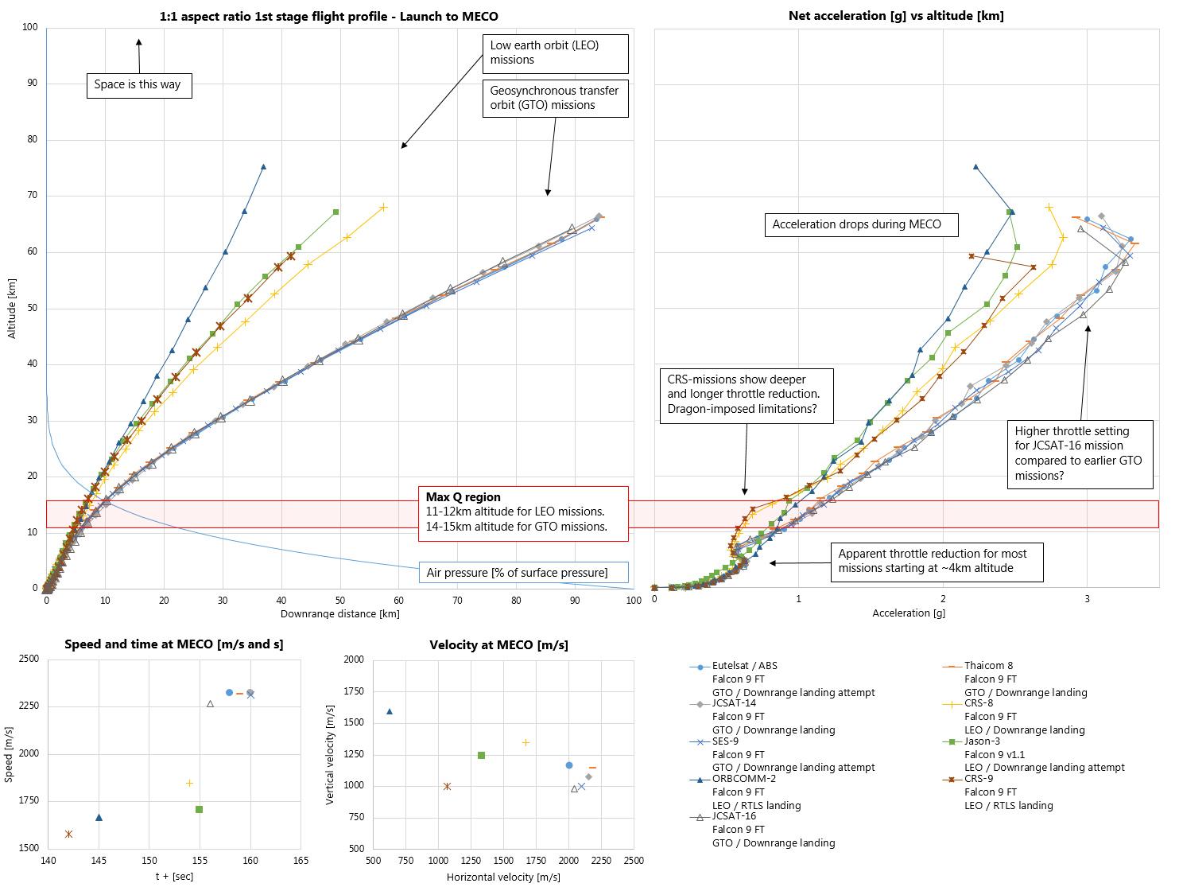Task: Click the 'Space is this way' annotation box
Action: coord(138,84)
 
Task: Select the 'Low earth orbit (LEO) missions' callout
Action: coord(555,53)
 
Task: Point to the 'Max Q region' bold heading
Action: coord(463,497)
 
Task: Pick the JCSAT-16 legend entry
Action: coord(734,816)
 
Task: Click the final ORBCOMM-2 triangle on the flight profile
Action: coord(263,167)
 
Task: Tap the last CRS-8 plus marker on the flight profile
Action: coord(383,208)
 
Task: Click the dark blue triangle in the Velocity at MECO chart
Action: coord(390,711)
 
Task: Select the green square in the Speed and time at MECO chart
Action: coord(199,809)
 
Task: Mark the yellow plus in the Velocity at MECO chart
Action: coord(526,742)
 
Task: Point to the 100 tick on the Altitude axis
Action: coord(30,27)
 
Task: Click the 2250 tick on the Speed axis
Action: coord(28,706)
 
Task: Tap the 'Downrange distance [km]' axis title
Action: coord(339,613)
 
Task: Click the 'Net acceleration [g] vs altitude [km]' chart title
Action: coord(895,16)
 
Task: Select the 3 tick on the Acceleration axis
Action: coord(1087,599)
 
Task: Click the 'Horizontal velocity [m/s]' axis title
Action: coord(502,877)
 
